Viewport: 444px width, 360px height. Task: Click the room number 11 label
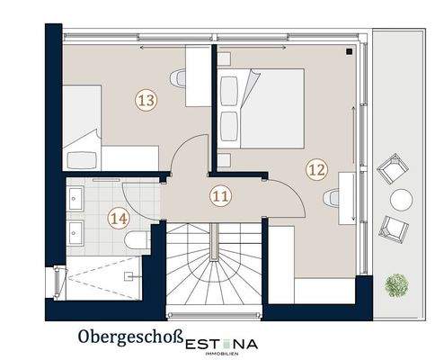coord(220,194)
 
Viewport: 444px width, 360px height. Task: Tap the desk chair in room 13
coord(182,77)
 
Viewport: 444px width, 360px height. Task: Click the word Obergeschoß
coord(126,339)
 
